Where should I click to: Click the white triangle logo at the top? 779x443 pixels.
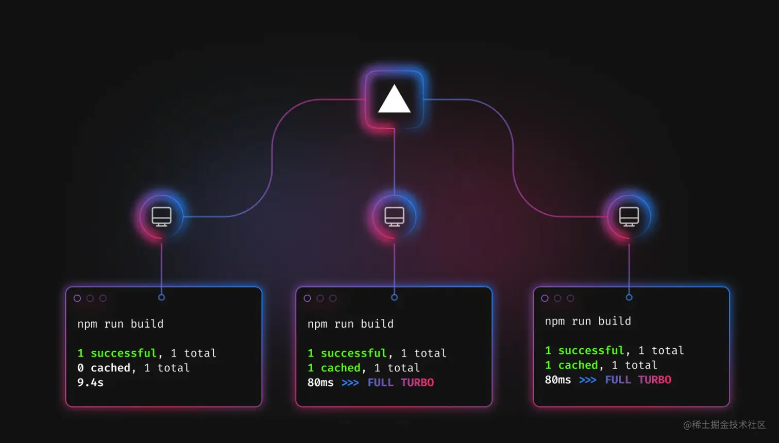394,99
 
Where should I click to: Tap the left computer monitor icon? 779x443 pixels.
161,216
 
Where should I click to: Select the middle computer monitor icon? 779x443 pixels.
394,216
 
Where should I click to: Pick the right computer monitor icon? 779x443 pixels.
629,216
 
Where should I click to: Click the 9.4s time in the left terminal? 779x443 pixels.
90,383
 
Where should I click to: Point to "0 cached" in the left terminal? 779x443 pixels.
104,368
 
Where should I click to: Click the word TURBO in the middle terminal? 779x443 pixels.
417,383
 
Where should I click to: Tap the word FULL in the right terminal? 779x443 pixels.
617,380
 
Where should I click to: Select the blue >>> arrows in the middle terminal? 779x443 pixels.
350,383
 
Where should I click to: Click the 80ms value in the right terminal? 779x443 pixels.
557,380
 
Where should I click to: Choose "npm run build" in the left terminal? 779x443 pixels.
120,324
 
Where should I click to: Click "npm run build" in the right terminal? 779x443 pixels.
588,321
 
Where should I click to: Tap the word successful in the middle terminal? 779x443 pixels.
353,353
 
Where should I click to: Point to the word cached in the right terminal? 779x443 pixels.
578,365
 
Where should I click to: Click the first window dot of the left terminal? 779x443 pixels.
77,298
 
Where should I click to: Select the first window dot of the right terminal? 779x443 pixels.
545,298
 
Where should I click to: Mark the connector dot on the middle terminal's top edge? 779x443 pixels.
394,297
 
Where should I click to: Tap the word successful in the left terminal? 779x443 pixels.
123,353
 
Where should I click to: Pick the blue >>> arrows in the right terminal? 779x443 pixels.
587,380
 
